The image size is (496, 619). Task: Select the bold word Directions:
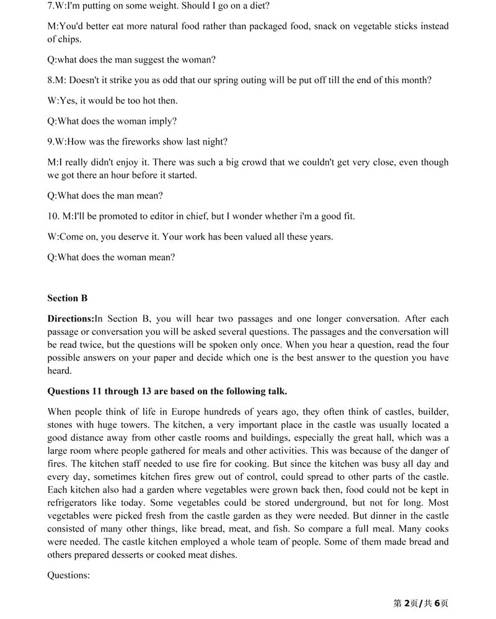pyautogui.click(x=71, y=319)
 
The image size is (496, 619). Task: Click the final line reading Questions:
pyautogui.click(x=69, y=575)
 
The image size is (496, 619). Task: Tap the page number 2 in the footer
pyautogui.click(x=407, y=603)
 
